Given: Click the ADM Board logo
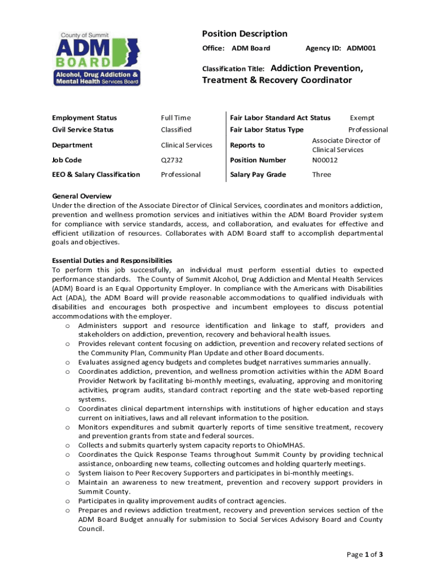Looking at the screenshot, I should coord(97,59).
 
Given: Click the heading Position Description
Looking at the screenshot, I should coord(245,34).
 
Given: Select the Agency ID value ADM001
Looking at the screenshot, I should coord(361,49).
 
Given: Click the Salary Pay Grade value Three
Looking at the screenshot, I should coord(321,175).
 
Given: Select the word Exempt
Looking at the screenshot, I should coord(362,118).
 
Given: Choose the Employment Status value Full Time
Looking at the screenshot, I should coord(176,118).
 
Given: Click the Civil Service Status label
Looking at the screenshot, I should coord(82,130).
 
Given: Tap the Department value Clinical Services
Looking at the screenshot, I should coord(186,145).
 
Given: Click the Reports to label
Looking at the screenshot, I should coord(247,145).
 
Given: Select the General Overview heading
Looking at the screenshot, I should coord(82,196).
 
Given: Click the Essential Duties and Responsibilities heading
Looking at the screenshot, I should coord(112,261).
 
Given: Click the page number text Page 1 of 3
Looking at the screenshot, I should coord(365,555).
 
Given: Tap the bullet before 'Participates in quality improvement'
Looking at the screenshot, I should coord(67,502).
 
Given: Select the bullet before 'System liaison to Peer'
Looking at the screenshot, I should coord(67,474).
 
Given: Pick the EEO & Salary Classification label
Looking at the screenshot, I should coord(95,175).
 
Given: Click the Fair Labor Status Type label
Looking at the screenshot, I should coord(267,130).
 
